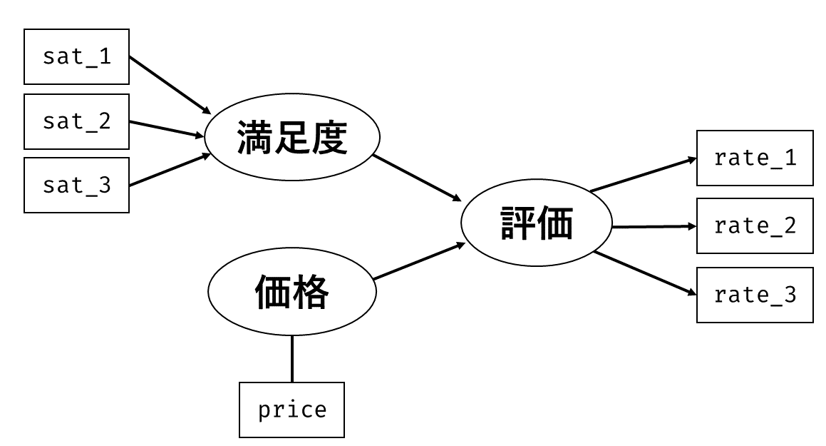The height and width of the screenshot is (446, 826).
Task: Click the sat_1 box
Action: tap(76, 56)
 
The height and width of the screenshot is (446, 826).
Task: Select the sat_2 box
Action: tap(76, 121)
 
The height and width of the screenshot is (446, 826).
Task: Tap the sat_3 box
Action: tap(76, 185)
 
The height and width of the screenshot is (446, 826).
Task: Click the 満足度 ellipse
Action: tap(291, 137)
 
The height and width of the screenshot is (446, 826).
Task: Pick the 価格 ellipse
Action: tap(291, 291)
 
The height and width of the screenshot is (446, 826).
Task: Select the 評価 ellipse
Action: tap(536, 223)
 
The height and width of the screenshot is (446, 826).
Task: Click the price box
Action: tap(291, 410)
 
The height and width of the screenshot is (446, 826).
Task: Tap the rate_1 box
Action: tap(755, 158)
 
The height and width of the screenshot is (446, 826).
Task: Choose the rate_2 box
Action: tap(755, 225)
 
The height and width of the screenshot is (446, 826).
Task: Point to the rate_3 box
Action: tap(755, 295)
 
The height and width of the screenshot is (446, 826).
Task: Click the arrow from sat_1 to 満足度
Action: tap(170, 85)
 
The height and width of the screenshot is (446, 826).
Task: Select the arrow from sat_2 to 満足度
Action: tap(167, 129)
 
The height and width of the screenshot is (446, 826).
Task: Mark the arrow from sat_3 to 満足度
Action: tap(170, 170)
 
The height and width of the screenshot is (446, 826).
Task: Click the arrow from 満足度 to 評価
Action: tap(417, 178)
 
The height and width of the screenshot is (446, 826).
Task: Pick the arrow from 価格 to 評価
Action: tap(419, 261)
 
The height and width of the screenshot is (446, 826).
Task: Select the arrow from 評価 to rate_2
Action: tap(654, 227)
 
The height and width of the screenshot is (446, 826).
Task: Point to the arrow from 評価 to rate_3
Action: tap(645, 273)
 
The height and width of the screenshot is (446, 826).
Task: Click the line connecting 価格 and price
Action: tap(291, 358)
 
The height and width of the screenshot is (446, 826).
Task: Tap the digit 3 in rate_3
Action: tap(790, 295)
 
